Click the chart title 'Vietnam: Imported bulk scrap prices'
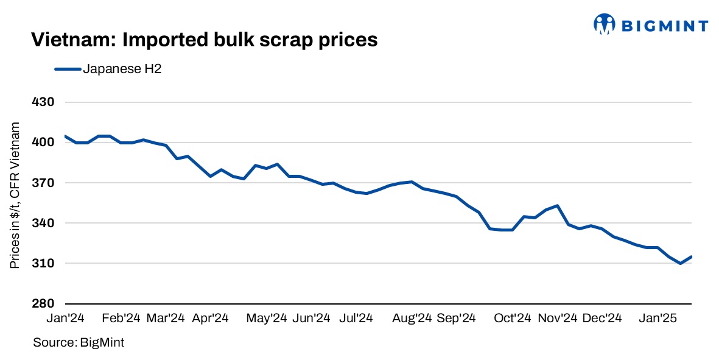click(x=205, y=40)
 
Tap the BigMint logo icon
click(x=604, y=25)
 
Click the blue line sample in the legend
click(x=68, y=69)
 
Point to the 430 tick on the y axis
click(x=43, y=102)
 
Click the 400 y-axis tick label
click(x=43, y=143)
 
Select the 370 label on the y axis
click(x=43, y=183)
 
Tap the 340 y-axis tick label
click(x=43, y=223)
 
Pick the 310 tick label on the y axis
click(x=43, y=263)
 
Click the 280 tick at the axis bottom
click(x=43, y=303)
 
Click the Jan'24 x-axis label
click(x=65, y=319)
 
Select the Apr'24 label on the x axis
click(x=210, y=319)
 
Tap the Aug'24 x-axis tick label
click(x=413, y=319)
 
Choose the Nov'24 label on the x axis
click(x=558, y=319)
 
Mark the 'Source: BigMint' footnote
click(x=79, y=343)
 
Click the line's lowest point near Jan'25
click(x=680, y=263)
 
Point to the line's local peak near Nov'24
click(x=557, y=206)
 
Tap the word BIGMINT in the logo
click(x=665, y=26)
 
